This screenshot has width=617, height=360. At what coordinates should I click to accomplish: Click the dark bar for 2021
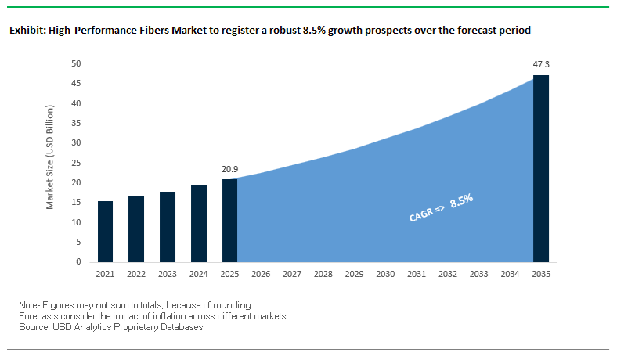click(105, 232)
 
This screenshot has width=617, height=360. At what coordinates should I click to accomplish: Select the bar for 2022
click(136, 229)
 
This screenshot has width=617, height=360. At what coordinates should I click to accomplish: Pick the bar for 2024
click(198, 224)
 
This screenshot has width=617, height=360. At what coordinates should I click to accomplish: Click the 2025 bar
click(229, 221)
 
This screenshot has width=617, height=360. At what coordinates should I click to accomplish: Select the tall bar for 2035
click(541, 168)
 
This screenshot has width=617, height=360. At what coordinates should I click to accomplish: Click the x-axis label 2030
click(385, 275)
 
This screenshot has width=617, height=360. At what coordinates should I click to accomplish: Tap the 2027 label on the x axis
click(292, 275)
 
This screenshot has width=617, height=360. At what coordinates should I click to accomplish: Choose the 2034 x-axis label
click(510, 275)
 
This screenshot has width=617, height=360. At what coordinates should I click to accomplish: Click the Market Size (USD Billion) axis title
click(51, 163)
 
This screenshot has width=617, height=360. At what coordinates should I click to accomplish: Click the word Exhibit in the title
click(27, 31)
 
